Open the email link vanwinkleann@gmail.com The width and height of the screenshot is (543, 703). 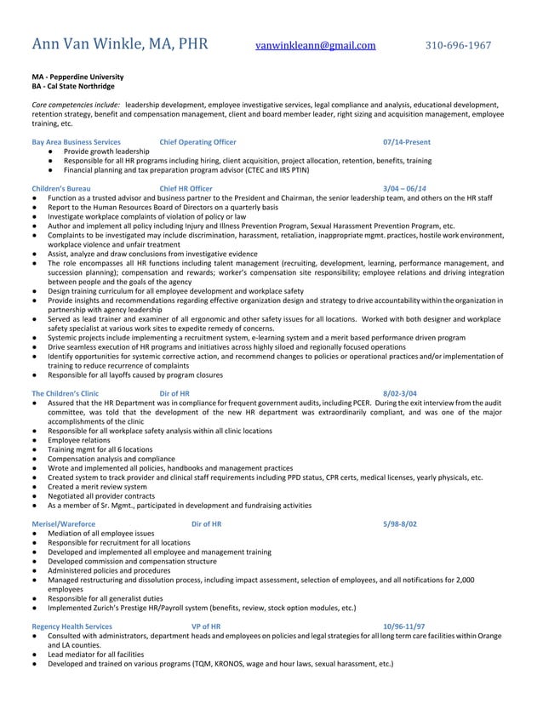pos(315,46)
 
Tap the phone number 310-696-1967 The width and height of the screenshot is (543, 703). pos(458,46)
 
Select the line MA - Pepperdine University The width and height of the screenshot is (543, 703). pos(77,77)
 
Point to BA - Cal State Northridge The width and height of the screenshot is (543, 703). pos(72,86)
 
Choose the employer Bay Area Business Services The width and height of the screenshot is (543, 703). pos(76,141)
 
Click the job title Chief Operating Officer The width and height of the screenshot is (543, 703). pos(197,141)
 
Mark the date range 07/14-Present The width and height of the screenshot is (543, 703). pos(407,141)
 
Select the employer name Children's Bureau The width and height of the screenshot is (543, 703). pos(60,187)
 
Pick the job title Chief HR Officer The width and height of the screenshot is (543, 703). pos(186,187)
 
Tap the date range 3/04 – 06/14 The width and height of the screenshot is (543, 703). pos(405,187)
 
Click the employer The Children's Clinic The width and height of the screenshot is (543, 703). pos(65,394)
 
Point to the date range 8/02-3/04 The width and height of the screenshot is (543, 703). pos(400,394)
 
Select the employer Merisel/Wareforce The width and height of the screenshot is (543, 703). pos(63,524)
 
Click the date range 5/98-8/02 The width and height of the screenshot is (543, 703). pos(400,524)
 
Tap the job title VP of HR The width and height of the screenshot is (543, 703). pos(207,626)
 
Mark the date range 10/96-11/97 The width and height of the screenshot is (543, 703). pos(404,626)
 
